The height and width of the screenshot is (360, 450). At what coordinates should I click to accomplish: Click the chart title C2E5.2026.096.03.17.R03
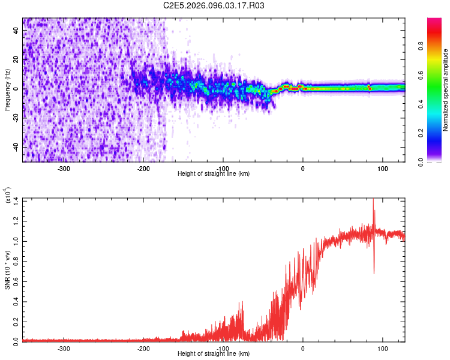tap(214, 5)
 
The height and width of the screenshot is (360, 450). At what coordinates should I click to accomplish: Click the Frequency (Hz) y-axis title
tap(7, 90)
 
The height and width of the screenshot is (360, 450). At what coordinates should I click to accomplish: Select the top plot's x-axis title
tap(214, 174)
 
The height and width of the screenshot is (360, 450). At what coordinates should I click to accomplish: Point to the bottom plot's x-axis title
tap(214, 353)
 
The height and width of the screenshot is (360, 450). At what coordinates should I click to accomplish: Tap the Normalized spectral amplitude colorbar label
tap(445, 90)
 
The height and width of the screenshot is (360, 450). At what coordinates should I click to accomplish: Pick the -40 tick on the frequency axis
tap(15, 147)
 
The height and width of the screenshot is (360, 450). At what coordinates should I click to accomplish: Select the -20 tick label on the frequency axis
tap(15, 118)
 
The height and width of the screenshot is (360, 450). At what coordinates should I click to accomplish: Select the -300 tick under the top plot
tap(64, 168)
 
